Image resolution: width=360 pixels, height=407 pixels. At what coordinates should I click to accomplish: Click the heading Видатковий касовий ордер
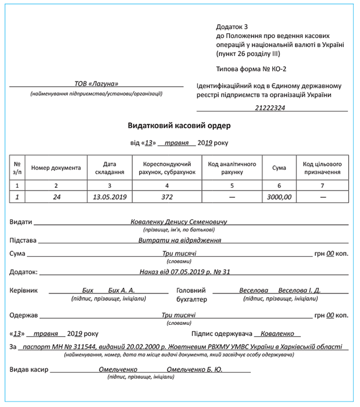pyautogui.click(x=179, y=125)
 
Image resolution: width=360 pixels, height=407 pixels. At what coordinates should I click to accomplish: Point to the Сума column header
pyautogui.click(x=279, y=168)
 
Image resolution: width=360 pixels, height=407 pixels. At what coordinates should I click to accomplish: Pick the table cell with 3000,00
pyautogui.click(x=279, y=197)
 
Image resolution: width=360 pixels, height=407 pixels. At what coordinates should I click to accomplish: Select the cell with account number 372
pyautogui.click(x=166, y=197)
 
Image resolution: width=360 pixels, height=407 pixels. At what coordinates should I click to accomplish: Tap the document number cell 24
pyautogui.click(x=56, y=197)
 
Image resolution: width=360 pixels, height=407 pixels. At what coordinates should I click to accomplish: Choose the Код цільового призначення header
pyautogui.click(x=322, y=168)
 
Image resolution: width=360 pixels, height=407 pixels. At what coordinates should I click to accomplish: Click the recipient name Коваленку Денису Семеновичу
pyautogui.click(x=181, y=222)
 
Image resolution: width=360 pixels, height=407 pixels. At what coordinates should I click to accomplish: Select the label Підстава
pyautogui.click(x=23, y=240)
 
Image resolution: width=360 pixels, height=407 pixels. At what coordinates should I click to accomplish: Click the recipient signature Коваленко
pyautogui.click(x=277, y=333)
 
